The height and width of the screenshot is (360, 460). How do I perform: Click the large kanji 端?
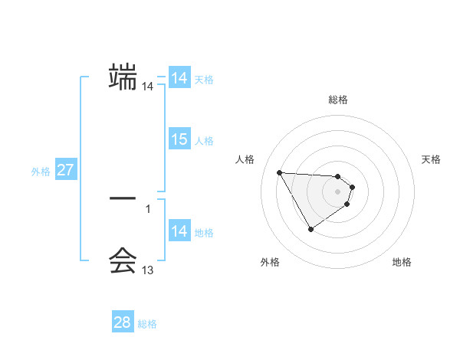coord(123,77)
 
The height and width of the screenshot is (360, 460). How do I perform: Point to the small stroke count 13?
coord(148,270)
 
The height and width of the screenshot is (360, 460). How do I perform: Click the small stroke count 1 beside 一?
coord(148,208)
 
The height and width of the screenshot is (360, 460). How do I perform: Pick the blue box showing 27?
coord(65,170)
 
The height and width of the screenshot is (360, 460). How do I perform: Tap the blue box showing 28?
coord(123,322)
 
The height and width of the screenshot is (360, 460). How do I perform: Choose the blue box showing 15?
coord(179,139)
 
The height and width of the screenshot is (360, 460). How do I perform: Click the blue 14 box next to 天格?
coord(179,78)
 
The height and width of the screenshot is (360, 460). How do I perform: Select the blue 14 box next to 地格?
coord(179,231)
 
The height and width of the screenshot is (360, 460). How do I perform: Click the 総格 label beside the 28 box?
coord(147,324)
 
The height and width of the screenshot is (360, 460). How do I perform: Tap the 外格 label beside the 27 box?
coord(41,172)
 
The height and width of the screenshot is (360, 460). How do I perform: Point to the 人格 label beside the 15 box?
coord(204,141)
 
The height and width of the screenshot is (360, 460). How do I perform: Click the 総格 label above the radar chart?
coord(338,100)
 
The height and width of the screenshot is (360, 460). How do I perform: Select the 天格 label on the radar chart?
coord(431,159)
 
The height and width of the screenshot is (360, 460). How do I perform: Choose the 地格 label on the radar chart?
coord(402,262)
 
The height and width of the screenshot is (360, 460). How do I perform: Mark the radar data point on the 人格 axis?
coord(280,172)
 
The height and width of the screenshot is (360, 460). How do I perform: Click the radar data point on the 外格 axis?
coord(310,229)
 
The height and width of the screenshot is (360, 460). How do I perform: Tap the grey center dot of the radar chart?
coord(338,191)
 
